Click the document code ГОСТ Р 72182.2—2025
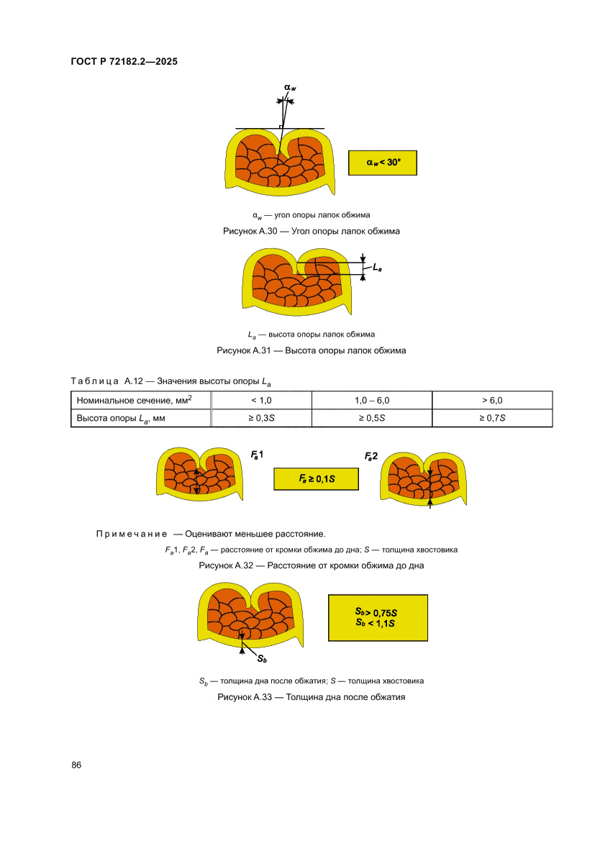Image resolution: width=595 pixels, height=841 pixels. pos(124,62)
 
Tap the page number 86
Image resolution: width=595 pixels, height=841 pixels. pos(76,765)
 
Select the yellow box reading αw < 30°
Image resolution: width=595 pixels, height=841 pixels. pos(382,163)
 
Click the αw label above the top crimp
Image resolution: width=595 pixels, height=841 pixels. pos(289,88)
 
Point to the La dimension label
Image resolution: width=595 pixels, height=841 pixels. pos(378,267)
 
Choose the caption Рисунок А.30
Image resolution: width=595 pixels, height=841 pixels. pos(312,232)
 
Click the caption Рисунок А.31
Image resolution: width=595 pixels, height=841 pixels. pos(312,351)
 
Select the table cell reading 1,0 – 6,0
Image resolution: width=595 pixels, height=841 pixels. pos(372,400)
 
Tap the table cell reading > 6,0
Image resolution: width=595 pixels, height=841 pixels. pos(492,400)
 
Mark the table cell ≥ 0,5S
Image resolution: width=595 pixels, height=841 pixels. pos(372,418)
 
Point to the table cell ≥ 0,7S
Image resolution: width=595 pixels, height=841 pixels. pos(492,418)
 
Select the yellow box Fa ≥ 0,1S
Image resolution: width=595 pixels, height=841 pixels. pos(316,478)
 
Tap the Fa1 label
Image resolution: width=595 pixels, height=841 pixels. pos(257,455)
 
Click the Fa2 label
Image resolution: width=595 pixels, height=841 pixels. pos(371,456)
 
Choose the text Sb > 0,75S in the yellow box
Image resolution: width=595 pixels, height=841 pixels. pos(376,612)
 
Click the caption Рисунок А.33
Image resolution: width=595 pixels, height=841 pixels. pos(312,697)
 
